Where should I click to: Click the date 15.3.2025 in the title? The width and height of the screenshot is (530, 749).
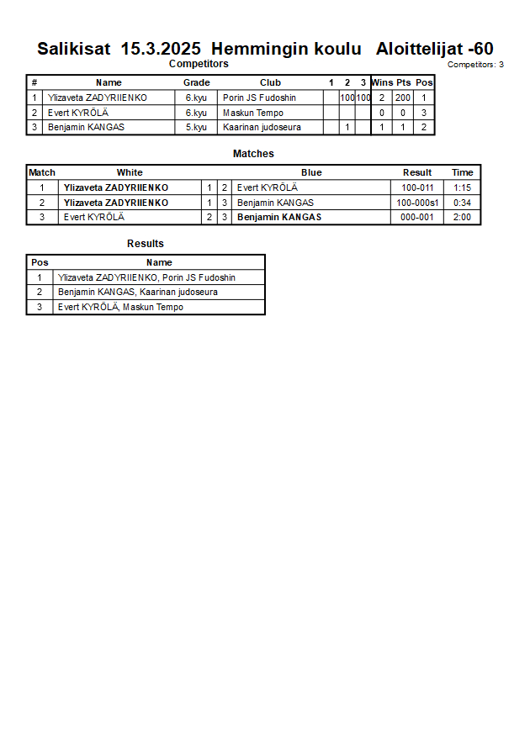click(161, 49)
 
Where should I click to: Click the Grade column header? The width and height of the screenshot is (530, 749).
click(196, 82)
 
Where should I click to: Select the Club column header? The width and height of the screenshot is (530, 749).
click(270, 82)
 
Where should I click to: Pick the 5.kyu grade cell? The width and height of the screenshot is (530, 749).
click(196, 128)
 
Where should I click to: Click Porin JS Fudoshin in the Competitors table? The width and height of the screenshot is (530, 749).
click(259, 98)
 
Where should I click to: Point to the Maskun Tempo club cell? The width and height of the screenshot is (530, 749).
click(252, 113)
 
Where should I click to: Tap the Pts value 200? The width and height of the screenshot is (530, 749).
click(403, 98)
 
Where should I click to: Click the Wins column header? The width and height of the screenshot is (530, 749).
click(382, 82)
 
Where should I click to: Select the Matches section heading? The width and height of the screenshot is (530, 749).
click(253, 154)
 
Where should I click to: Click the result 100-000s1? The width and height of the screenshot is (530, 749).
click(417, 203)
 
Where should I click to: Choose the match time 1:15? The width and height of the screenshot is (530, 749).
click(462, 187)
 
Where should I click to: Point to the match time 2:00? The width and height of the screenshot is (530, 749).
click(462, 218)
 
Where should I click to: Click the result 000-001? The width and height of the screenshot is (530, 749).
click(417, 218)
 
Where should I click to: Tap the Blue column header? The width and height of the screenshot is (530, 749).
click(311, 172)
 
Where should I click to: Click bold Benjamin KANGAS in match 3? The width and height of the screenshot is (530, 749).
click(279, 218)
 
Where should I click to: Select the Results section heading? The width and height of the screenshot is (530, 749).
click(146, 244)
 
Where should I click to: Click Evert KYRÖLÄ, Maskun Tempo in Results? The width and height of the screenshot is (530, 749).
click(120, 307)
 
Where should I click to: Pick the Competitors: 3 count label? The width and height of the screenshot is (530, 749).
click(475, 65)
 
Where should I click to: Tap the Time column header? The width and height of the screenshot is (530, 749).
click(462, 172)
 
